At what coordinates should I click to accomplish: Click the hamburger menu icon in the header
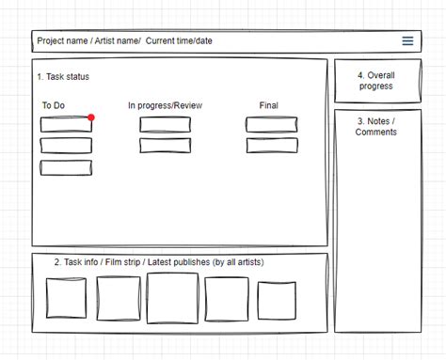407,41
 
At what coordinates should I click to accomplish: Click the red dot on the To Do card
91,117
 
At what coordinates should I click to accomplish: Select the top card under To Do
66,125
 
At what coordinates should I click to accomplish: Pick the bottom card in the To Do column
66,167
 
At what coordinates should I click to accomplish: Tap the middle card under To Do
66,146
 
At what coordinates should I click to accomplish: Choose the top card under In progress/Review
165,125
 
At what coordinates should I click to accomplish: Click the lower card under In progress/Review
165,146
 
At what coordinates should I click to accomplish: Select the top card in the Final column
272,125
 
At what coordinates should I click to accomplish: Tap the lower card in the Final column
272,146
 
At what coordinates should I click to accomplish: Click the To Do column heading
53,105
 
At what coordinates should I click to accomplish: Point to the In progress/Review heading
166,105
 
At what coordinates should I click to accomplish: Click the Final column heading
270,105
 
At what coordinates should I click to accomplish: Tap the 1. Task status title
63,77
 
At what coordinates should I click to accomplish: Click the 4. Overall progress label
375,81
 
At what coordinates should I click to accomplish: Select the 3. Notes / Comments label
375,127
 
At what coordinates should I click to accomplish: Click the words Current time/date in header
179,41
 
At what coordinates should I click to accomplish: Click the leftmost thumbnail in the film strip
66,299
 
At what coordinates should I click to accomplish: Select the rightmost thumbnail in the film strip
277,300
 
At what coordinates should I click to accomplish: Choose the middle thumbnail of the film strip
172,298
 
